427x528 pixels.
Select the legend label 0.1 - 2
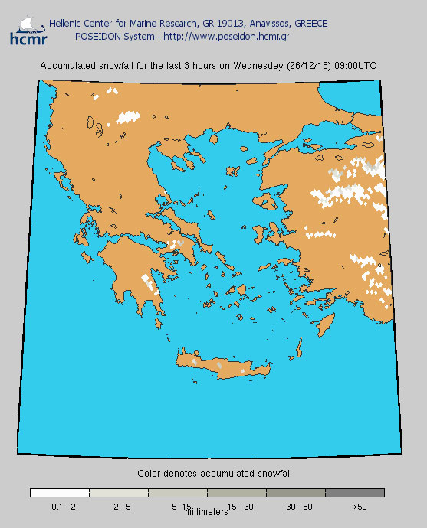63,507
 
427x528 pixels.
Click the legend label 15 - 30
240,507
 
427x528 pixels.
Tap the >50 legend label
360,507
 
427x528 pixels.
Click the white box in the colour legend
60,493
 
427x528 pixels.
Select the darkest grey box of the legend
355,493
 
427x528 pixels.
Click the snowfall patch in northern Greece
128,117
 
